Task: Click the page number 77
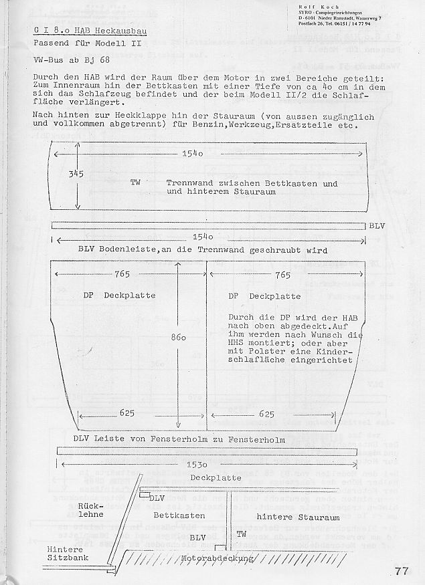click(402, 570)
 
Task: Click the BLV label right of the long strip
click(377, 226)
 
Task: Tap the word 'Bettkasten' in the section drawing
click(179, 516)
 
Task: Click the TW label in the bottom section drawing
click(242, 534)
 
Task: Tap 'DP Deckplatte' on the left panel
click(120, 295)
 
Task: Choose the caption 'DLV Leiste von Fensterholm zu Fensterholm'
click(180, 439)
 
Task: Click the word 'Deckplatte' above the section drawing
click(216, 478)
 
